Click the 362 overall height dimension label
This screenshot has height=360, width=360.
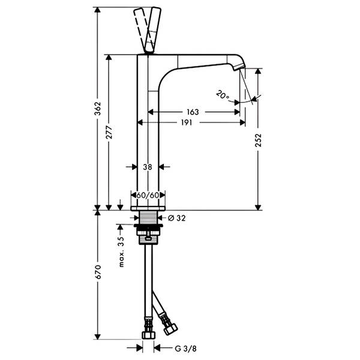(x=98, y=109)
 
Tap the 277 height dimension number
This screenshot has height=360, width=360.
(x=109, y=132)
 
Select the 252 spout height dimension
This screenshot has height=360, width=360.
(x=258, y=140)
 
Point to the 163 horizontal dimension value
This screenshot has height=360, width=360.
(x=193, y=112)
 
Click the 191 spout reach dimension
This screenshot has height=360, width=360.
(x=187, y=122)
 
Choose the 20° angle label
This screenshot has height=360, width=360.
(x=223, y=95)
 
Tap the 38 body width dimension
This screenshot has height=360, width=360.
(x=148, y=167)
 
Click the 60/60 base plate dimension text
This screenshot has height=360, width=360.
(x=148, y=195)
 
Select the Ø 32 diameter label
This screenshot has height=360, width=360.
(x=176, y=218)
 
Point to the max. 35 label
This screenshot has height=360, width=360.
(x=121, y=252)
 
